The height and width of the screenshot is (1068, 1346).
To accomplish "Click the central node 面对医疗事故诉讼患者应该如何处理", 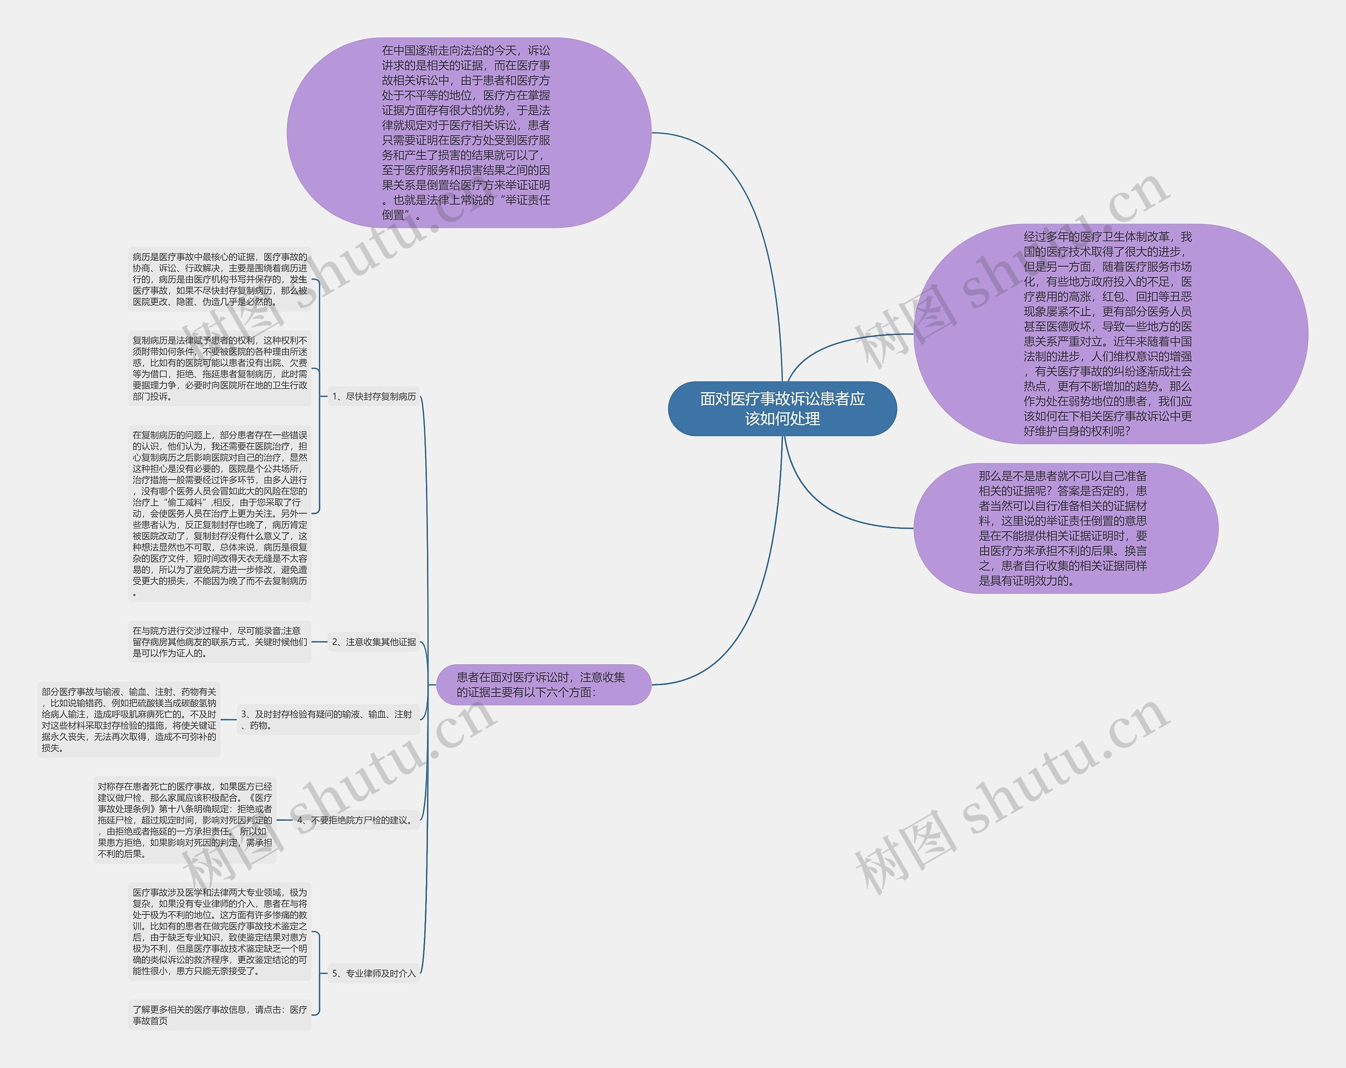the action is [782, 409].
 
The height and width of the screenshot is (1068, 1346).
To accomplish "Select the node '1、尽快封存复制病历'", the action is [373, 396].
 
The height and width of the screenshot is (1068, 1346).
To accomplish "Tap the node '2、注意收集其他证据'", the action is [373, 642].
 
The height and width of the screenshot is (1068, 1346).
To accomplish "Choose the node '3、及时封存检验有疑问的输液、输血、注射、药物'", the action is [327, 719].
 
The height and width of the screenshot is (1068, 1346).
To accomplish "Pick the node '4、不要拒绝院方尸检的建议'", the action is [355, 820].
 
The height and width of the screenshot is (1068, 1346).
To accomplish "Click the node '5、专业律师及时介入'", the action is [373, 973].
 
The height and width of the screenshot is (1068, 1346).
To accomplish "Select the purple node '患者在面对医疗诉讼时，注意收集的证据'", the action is [543, 685].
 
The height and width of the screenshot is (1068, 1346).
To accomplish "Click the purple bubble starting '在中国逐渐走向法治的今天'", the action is [468, 133].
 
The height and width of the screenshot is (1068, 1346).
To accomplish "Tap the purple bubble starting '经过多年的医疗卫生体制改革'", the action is [1110, 333].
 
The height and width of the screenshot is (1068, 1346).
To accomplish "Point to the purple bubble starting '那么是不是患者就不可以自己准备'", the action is [1065, 528].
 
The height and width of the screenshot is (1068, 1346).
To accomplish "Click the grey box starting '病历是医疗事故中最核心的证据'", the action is [220, 279].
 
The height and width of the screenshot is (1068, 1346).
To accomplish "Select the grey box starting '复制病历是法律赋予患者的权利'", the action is [220, 369].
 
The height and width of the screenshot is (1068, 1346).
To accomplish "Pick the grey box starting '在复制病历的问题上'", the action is [220, 513].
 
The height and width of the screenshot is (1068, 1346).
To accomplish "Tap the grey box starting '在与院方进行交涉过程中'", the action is [220, 642].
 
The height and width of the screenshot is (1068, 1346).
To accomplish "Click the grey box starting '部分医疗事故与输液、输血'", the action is [129, 719].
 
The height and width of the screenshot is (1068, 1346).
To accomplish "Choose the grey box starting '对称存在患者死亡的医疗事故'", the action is [185, 820].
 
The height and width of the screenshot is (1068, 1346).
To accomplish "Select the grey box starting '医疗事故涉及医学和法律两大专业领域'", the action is [220, 932].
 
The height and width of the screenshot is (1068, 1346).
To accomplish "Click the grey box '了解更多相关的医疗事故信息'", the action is [220, 1015].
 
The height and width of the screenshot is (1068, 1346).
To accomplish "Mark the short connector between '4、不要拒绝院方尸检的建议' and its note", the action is [284, 820].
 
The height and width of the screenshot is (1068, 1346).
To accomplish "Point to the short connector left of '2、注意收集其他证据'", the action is [319, 642].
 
